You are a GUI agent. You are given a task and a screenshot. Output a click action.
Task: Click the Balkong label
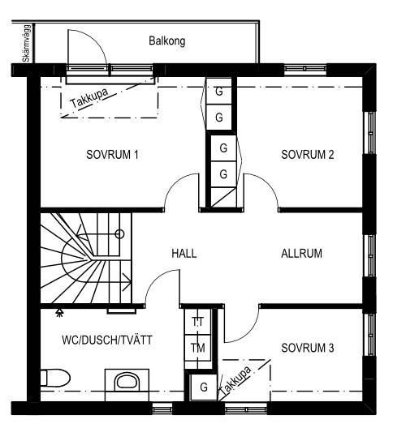click(166, 41)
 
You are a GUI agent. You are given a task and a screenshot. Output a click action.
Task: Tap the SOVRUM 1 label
click(112, 155)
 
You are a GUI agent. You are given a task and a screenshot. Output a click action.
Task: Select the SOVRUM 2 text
click(308, 155)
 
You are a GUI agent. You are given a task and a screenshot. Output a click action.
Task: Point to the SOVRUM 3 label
click(308, 348)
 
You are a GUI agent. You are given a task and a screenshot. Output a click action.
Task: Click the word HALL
click(184, 253)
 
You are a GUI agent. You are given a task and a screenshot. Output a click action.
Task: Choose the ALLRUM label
click(301, 253)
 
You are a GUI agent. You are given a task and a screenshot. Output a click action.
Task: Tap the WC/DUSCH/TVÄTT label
click(107, 340)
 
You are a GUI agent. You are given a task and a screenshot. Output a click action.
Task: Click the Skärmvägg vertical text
click(27, 44)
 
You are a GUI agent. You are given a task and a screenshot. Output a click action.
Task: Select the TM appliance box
click(198, 348)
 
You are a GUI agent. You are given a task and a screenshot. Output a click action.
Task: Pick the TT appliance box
click(198, 322)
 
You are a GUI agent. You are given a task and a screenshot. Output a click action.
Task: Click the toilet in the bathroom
click(55, 378)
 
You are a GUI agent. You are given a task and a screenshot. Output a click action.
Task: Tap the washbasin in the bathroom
click(127, 381)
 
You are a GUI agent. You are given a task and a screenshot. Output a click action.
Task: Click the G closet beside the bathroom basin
click(204, 387)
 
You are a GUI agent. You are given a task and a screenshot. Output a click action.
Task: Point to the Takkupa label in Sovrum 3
click(235, 380)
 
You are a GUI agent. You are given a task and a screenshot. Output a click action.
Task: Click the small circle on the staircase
click(119, 234)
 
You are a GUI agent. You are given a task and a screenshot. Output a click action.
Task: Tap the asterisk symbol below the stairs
click(59, 313)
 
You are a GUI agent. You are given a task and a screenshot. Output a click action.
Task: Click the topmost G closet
click(218, 91)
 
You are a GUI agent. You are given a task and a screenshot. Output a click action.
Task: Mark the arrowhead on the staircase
click(127, 281)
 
